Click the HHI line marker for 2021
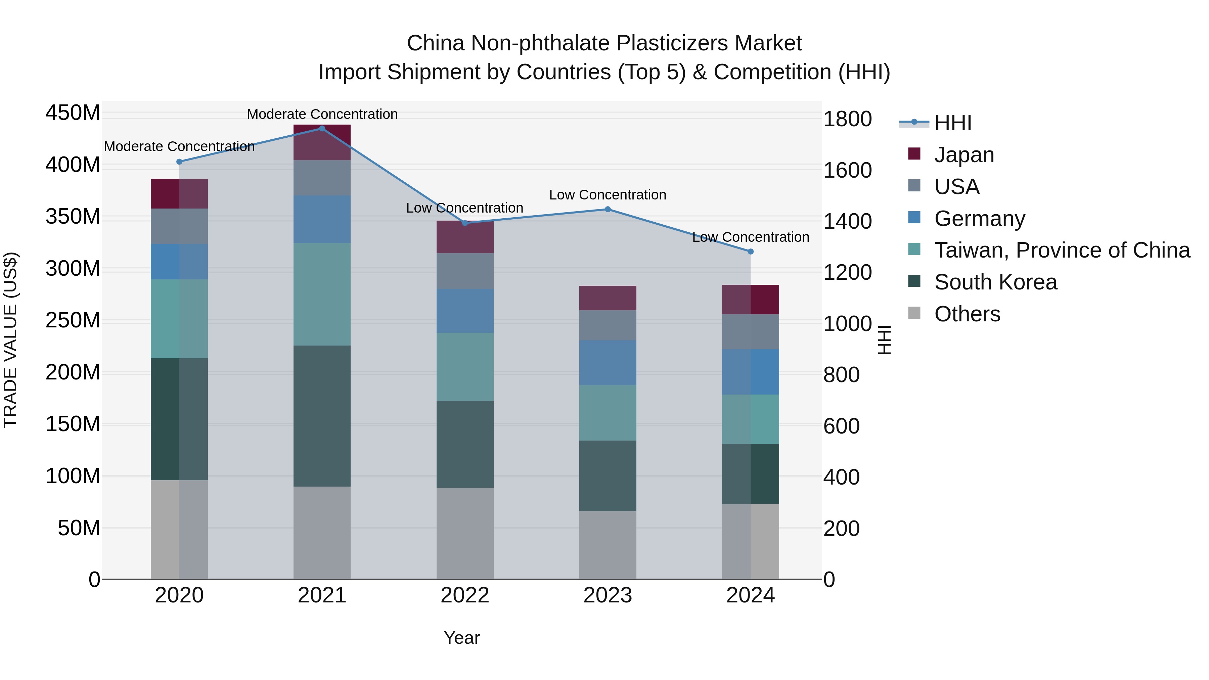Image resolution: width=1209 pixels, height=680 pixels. point(322,129)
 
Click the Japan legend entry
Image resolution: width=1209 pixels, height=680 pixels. point(964,155)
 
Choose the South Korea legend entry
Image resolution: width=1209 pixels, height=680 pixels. point(995,282)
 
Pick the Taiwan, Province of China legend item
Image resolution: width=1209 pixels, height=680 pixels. point(1062,250)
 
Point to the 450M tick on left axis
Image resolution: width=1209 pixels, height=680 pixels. point(73,113)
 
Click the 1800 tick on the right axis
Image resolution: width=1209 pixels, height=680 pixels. point(847,119)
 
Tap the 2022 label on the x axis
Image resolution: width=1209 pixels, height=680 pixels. point(465,595)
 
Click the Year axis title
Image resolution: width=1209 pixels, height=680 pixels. point(462,638)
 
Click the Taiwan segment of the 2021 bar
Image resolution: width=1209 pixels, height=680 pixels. point(322,294)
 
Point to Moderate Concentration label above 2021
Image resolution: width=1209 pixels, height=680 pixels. point(322,115)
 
